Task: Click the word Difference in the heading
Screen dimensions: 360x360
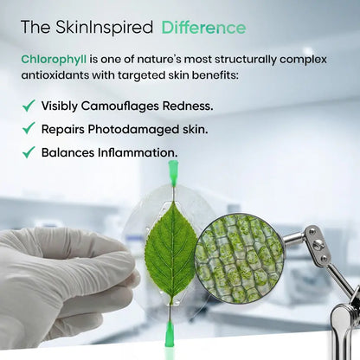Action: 203,28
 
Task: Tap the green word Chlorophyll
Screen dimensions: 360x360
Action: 57,59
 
